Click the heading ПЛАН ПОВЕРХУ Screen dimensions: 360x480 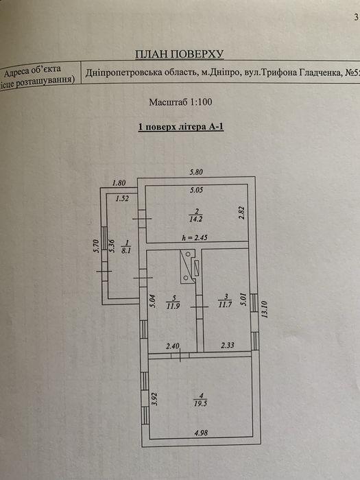(180, 54)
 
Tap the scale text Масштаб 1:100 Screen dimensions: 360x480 (180, 102)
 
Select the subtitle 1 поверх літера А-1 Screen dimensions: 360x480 (181, 127)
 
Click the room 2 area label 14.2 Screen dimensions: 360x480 (196, 219)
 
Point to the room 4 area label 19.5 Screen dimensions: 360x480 (200, 403)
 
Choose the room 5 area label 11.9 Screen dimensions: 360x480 (173, 306)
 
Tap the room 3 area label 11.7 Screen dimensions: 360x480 (225, 304)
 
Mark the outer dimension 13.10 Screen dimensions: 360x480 (265, 309)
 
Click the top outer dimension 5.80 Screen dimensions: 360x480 (196, 172)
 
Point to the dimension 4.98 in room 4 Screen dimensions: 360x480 (201, 433)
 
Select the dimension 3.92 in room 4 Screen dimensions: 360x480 (155, 398)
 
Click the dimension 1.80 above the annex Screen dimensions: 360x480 (119, 183)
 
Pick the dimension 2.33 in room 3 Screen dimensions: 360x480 (228, 345)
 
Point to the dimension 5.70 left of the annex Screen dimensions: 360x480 (97, 245)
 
